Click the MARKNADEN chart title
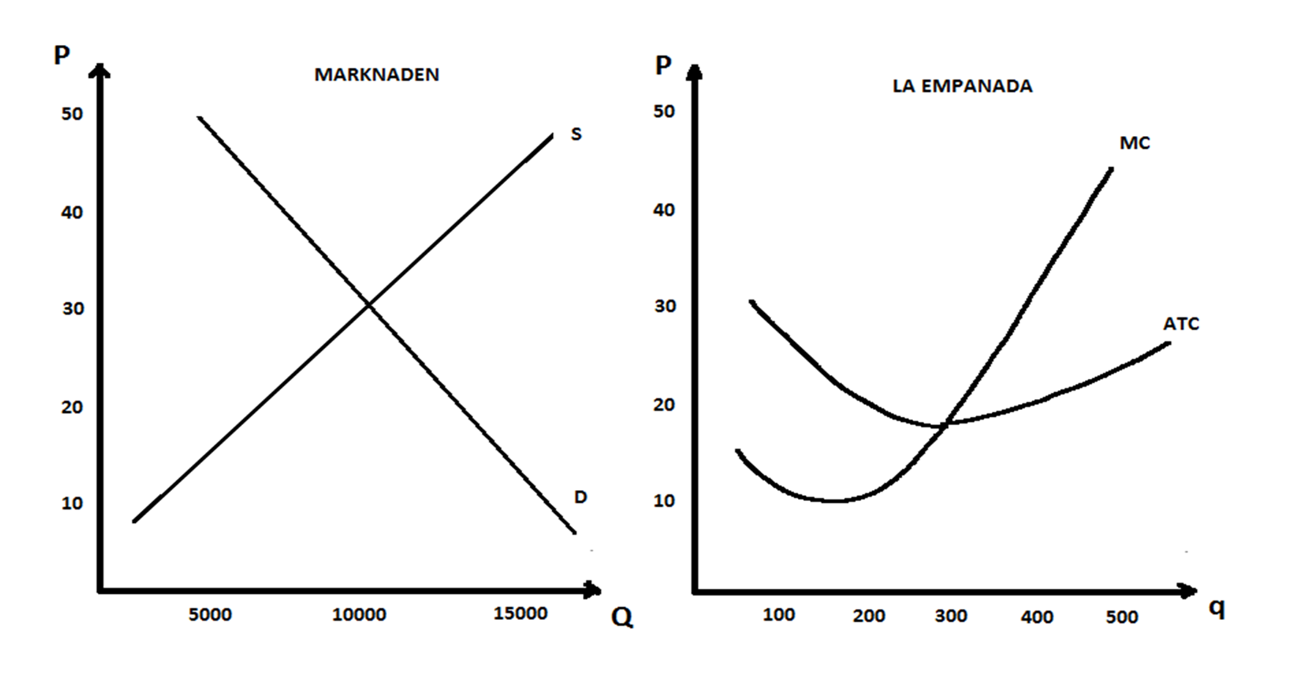coord(377,75)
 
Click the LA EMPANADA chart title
coord(962,86)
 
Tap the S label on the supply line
coord(576,134)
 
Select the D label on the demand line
coord(581,497)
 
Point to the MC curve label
coord(1135,143)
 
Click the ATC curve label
coord(1181,324)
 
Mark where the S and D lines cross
coord(368,304)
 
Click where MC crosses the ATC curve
coord(946,424)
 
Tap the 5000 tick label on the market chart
coord(210,615)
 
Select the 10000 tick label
coord(359,615)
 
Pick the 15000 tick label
coord(521,613)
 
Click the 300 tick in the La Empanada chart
coord(950,616)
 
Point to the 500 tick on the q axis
coord(1121,617)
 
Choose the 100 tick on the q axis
coord(778,615)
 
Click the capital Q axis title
coord(622,617)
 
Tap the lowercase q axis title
coord(1217,609)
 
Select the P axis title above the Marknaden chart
coord(62,55)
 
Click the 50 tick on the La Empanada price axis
coord(663,111)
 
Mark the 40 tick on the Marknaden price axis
coord(72,212)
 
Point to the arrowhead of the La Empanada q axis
coord(1189,592)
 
